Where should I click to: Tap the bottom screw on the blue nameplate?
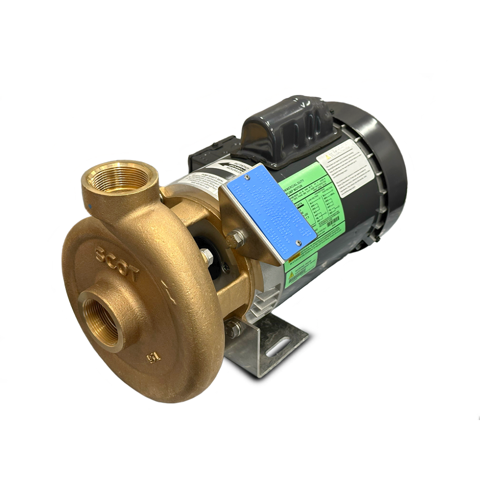(298, 242)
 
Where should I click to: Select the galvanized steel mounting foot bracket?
(267, 343)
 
